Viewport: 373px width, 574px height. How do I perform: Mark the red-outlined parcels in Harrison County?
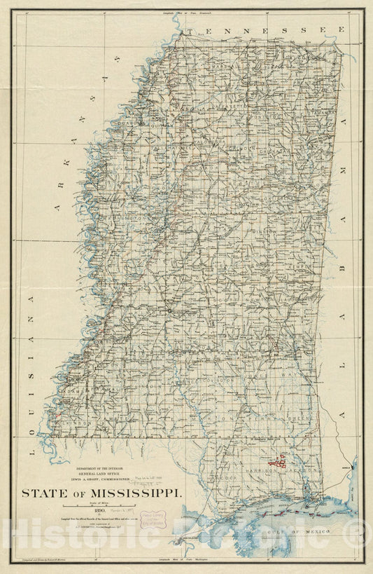coord(278,460)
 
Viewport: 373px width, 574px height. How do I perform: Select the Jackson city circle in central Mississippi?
coord(169,310)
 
